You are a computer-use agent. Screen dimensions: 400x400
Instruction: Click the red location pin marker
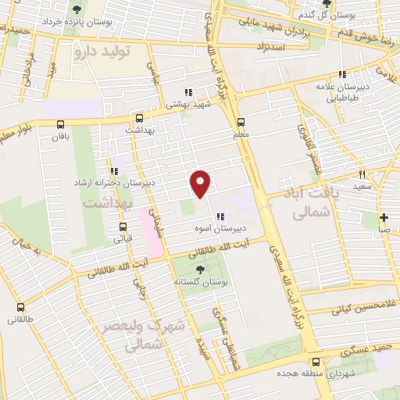click(x=201, y=184)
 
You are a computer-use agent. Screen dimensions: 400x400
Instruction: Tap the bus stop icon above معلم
click(x=241, y=122)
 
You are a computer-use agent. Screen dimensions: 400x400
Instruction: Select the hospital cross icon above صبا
click(x=383, y=217)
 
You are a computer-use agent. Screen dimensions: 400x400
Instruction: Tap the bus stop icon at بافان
click(x=61, y=123)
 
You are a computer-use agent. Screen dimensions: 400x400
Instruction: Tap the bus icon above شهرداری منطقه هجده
click(x=316, y=362)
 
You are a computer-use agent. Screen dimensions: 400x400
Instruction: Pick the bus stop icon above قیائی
click(x=123, y=227)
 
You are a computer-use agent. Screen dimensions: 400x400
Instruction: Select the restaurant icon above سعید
click(x=362, y=173)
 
